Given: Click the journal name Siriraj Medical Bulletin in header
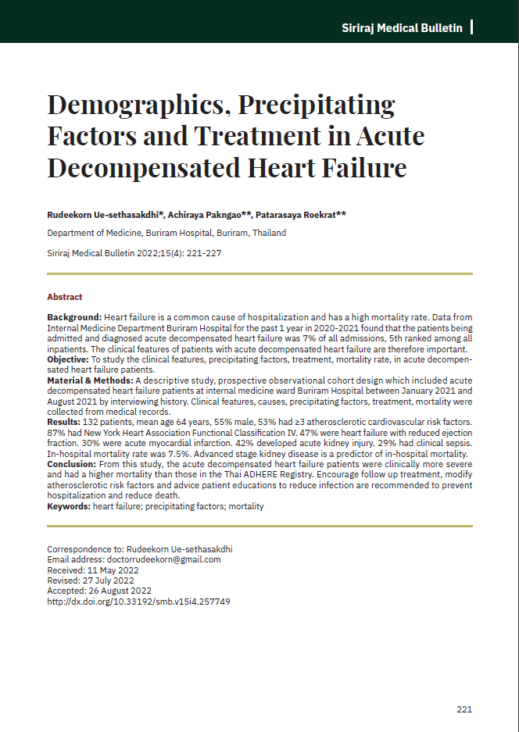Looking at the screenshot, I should (x=402, y=28).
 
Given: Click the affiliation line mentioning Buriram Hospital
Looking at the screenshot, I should (x=166, y=233).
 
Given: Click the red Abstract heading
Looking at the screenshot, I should (x=64, y=297).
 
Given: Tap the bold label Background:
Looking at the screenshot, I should (x=74, y=319).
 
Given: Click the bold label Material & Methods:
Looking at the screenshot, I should (x=89, y=380).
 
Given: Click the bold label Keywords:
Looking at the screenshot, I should (x=69, y=506).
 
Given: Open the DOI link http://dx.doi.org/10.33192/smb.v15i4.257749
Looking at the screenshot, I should (x=138, y=602).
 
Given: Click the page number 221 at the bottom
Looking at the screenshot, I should (x=464, y=709).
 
